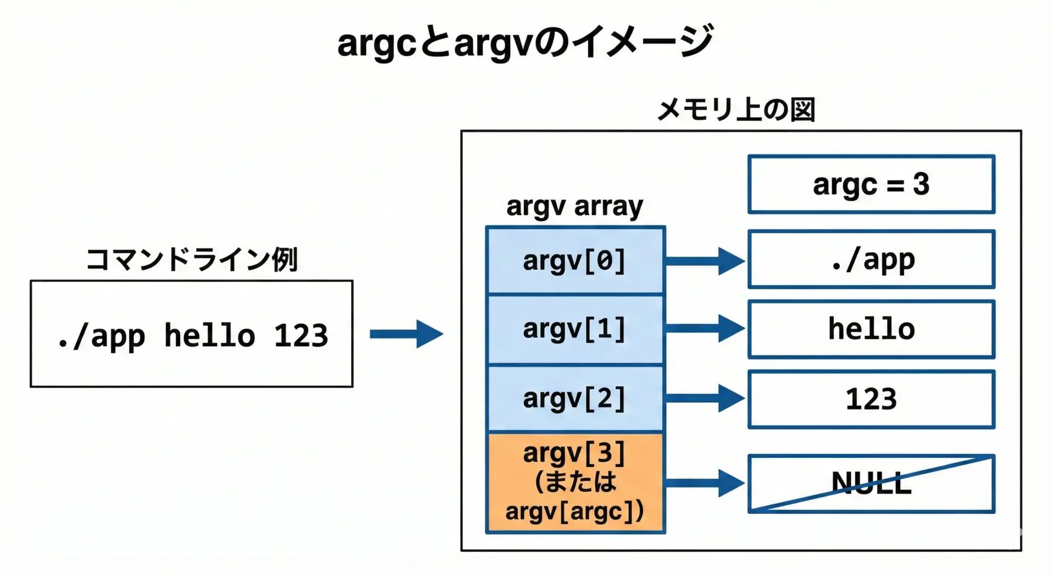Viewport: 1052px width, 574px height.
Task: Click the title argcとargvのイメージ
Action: point(525,42)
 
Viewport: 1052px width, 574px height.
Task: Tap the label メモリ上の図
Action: point(735,110)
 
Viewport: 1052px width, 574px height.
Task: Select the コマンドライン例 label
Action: point(192,259)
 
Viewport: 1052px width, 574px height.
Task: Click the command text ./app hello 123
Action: point(192,335)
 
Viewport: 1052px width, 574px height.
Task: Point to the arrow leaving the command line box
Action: point(406,334)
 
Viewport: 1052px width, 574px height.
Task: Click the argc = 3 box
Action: point(871,184)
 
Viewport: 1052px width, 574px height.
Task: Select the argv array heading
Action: point(574,207)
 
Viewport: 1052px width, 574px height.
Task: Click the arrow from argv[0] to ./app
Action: point(705,261)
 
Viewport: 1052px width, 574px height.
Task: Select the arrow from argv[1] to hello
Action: point(705,328)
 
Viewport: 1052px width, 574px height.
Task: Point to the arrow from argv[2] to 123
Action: point(705,398)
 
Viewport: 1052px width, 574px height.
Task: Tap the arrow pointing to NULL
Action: point(705,483)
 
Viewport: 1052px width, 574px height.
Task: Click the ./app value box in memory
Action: point(871,259)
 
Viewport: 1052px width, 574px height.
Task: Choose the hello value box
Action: point(871,329)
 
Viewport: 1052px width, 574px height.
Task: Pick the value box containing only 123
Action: point(871,399)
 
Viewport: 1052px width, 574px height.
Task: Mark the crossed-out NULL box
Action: point(871,484)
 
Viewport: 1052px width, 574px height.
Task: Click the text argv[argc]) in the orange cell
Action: point(574,512)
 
